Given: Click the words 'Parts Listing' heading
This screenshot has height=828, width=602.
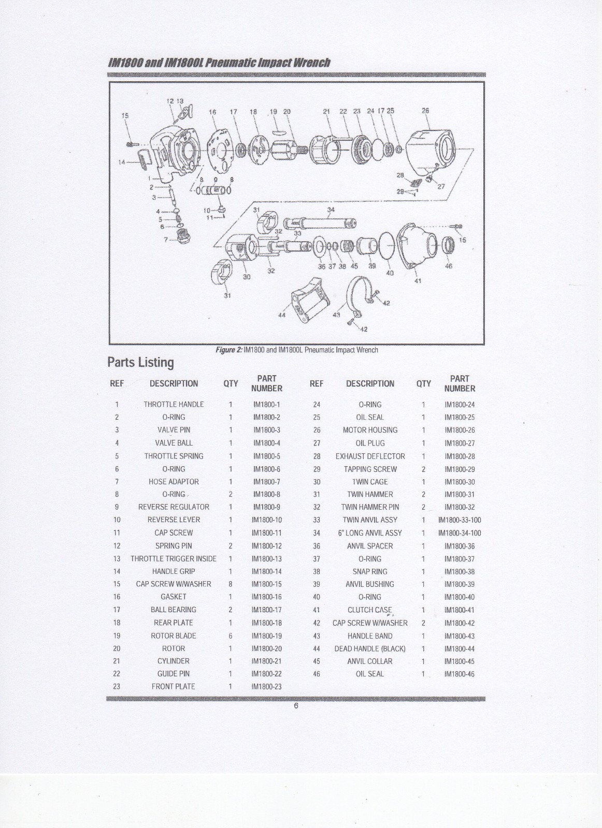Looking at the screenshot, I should (x=140, y=362).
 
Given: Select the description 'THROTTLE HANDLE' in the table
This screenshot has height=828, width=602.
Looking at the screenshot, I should (x=174, y=404).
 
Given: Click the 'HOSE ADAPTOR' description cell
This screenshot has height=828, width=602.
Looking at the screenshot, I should (x=174, y=481).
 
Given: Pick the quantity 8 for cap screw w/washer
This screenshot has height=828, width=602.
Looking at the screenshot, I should (x=231, y=584).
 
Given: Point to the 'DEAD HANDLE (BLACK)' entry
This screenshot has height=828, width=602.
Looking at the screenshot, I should (x=370, y=648).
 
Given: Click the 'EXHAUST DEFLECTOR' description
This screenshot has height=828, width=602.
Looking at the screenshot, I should (x=370, y=456).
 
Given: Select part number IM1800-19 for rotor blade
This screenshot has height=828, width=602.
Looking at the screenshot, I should (x=267, y=635).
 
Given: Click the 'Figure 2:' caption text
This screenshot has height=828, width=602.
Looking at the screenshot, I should (x=228, y=350).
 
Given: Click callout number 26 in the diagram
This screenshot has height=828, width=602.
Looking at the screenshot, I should (x=425, y=111).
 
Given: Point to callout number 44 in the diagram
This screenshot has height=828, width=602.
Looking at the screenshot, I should (x=282, y=316).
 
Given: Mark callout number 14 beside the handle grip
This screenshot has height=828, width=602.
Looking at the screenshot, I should (x=122, y=162).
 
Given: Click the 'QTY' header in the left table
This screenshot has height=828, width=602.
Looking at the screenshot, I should (x=231, y=383).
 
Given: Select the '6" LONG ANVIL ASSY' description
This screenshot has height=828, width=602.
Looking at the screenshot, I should (x=370, y=533).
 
